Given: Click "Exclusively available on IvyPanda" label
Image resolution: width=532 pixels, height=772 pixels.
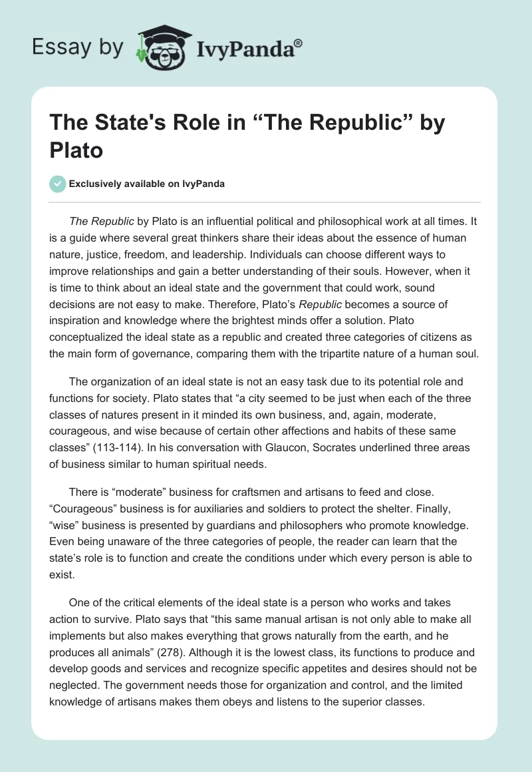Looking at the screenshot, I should pos(147,184).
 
